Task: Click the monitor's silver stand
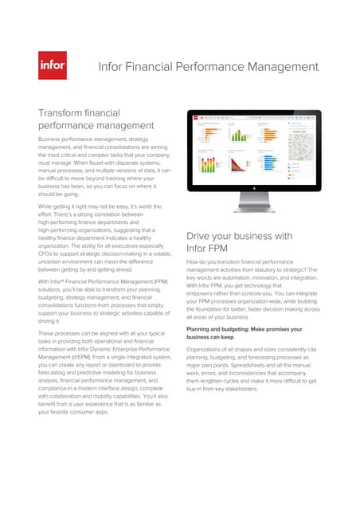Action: [x=253, y=209]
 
